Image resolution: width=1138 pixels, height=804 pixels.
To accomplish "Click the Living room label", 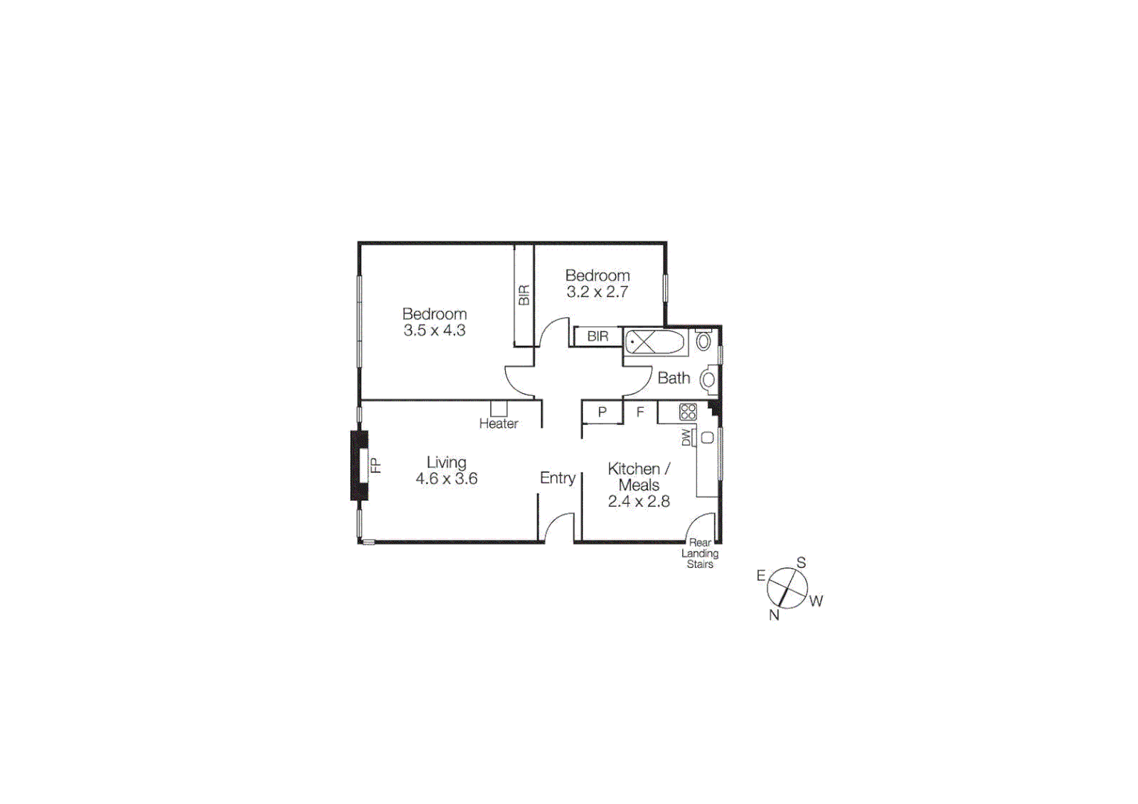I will point(446,462).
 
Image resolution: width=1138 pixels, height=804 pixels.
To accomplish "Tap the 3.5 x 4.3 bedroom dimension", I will point(434,331).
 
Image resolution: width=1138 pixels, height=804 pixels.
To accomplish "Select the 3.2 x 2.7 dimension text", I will point(597,292).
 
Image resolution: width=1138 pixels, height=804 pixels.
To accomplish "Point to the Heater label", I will point(498,424).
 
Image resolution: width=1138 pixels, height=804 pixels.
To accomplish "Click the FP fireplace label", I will point(376,465).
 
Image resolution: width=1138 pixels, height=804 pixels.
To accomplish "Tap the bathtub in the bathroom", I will point(655,342).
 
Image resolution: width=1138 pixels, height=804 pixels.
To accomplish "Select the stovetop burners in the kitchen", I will point(687,412).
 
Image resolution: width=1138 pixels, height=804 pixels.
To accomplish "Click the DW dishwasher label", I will point(686,438).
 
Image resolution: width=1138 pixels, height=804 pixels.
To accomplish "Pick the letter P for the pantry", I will point(602,412).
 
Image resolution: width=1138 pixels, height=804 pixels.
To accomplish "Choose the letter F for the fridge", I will point(640,411).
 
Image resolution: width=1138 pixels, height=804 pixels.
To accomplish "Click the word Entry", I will point(557,478).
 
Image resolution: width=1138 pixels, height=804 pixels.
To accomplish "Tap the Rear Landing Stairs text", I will point(700,553).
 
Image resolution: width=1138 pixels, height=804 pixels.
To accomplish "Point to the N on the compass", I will point(774,615).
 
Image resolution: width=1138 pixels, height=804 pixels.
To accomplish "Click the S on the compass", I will point(801,563).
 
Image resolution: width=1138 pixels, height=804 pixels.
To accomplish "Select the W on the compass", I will point(816,601).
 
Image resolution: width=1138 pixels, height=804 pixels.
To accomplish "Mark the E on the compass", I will point(760,575).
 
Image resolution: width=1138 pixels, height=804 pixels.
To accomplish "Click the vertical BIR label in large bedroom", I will point(524,296).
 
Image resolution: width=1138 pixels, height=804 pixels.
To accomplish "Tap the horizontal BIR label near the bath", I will point(597,336).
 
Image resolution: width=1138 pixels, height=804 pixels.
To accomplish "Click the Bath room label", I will point(673,378).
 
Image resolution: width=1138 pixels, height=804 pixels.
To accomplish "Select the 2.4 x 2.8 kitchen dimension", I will point(638,502).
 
